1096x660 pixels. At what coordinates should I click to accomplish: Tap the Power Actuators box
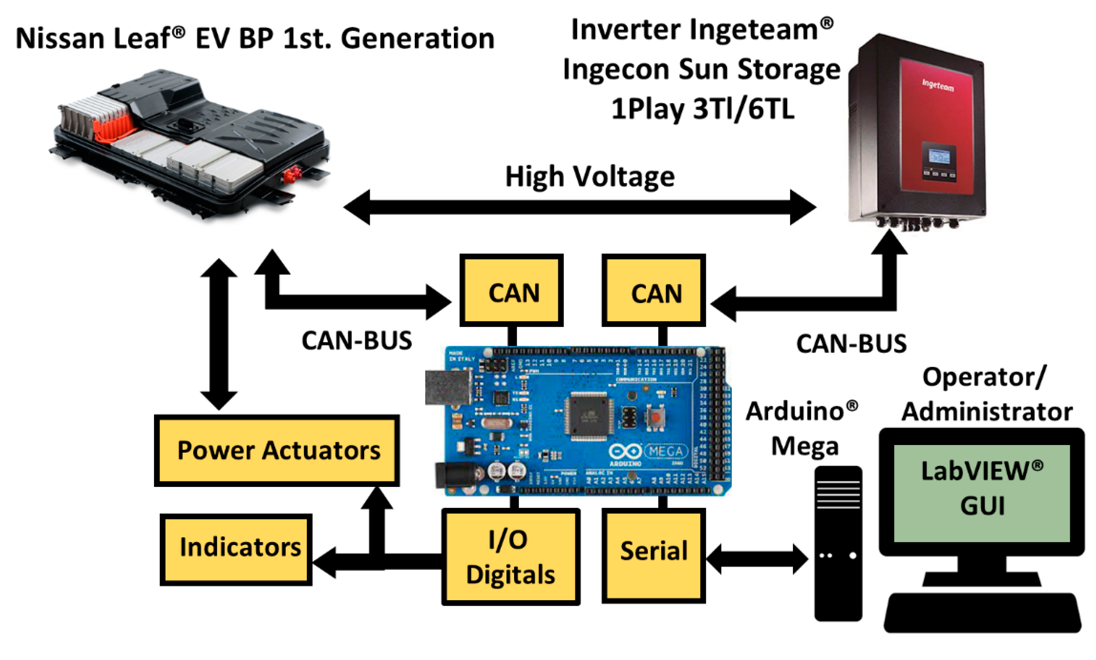(277, 451)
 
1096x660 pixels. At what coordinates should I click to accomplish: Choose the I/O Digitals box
(511, 557)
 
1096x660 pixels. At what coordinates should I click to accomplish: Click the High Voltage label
(589, 177)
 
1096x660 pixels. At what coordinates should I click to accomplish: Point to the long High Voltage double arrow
(578, 207)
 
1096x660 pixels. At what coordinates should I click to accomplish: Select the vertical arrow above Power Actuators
(218, 333)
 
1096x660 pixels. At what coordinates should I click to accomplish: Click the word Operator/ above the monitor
(984, 377)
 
